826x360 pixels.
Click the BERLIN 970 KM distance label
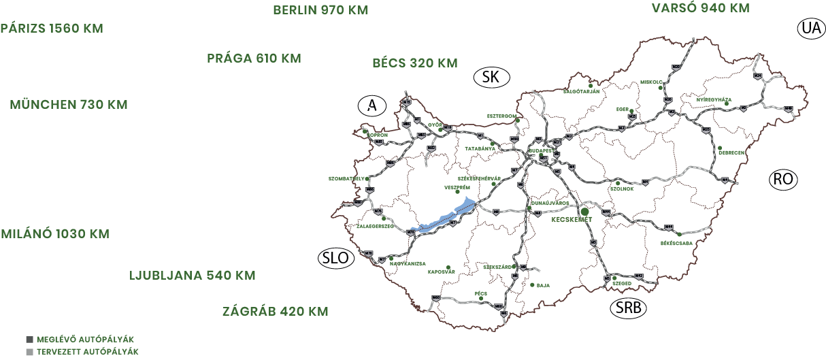coord(320,10)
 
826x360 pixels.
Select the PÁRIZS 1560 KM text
coord(52,29)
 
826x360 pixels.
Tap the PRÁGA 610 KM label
coord(254,59)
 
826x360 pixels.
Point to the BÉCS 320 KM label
coord(415,63)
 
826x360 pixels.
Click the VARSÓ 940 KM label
coord(700,8)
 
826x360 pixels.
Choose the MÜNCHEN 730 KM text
coord(69,105)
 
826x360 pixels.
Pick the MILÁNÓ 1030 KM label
coord(55,234)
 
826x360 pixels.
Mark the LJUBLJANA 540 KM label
coord(193,276)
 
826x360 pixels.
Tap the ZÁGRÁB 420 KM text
coord(276,312)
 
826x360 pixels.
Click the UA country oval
coord(810,29)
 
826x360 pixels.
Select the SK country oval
coord(491,77)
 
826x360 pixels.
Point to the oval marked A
coord(371,105)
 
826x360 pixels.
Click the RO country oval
coord(782,180)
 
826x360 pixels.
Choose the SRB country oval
coord(628,308)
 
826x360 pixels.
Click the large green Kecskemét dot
coord(584,212)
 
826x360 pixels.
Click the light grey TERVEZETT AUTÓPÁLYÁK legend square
coord(29,352)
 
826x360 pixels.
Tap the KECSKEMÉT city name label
coord(573,220)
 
